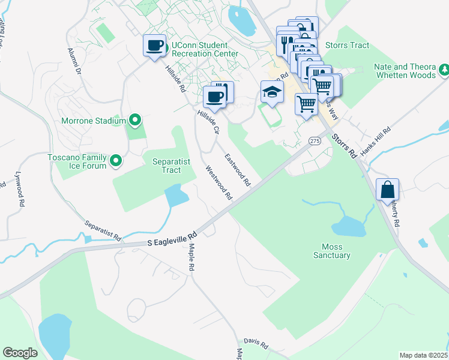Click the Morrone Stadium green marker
[x=135, y=121]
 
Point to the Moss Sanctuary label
[x=331, y=251]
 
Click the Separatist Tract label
[x=167, y=166]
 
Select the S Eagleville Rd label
[x=172, y=239]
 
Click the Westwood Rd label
[x=219, y=183]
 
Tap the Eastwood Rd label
[x=238, y=169]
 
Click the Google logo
[x=20, y=352]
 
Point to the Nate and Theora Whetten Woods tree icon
[x=444, y=70]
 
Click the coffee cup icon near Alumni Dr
[x=154, y=45]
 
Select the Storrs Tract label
[x=347, y=45]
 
